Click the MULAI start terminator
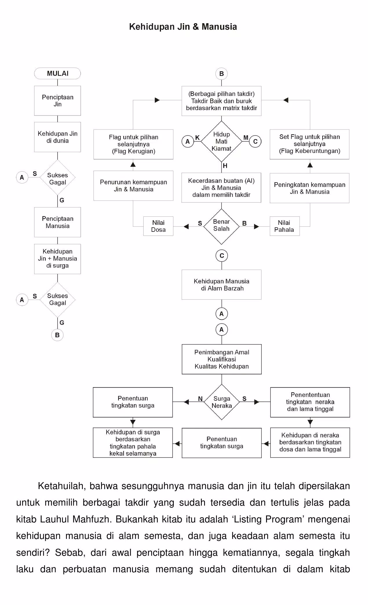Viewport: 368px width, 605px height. click(x=57, y=73)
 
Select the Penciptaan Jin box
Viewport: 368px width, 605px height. click(x=57, y=101)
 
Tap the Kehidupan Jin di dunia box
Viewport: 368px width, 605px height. click(x=57, y=137)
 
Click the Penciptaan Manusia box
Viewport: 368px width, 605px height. click(x=57, y=222)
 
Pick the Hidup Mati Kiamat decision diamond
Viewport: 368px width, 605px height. click(x=221, y=141)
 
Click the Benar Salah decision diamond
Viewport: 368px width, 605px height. click(x=221, y=227)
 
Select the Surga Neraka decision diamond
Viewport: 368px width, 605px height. click(x=222, y=402)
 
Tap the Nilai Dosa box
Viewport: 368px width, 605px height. click(x=158, y=226)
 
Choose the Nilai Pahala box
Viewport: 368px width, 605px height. click(x=285, y=226)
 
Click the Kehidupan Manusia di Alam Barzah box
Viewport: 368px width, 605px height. click(x=221, y=285)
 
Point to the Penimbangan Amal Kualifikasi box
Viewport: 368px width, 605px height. click(x=222, y=359)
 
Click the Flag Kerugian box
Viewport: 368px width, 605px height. click(x=133, y=144)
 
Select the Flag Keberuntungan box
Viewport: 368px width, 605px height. click(x=310, y=144)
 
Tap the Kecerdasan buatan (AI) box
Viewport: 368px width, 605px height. click(x=221, y=188)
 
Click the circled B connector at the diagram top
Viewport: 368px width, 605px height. click(x=221, y=74)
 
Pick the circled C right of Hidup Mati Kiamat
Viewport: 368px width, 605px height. click(x=255, y=141)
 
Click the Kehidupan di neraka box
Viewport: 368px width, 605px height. click(x=310, y=442)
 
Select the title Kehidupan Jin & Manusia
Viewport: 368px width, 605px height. click(x=183, y=27)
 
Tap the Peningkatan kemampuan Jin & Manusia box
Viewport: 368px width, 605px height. click(x=310, y=188)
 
